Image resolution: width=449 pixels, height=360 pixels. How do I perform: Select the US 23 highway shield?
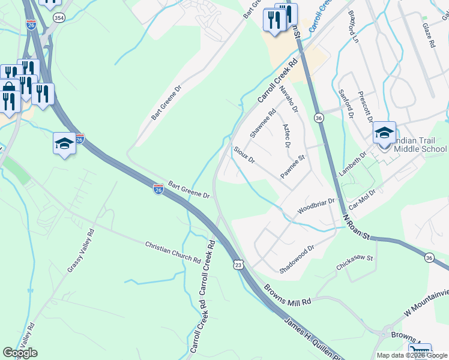click(x=238, y=264)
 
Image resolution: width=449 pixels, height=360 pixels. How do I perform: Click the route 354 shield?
click(x=59, y=19)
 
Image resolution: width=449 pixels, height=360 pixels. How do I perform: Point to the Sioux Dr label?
click(x=244, y=154)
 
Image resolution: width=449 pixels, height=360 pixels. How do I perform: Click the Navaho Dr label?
click(x=289, y=99)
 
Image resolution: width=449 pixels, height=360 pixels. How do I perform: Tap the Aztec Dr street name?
click(x=286, y=137)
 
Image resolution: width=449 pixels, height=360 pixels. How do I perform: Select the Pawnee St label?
click(x=294, y=166)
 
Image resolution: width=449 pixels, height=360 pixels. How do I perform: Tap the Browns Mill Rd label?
click(x=289, y=295)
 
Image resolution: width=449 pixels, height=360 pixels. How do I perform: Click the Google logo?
click(x=20, y=353)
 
